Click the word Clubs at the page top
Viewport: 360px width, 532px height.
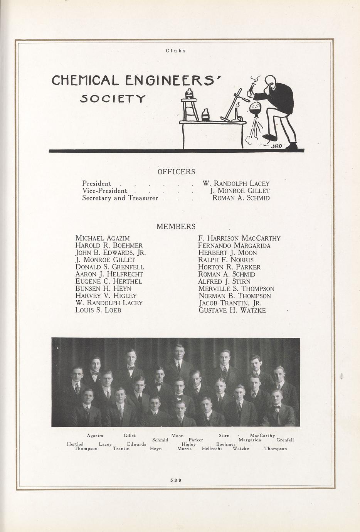(x=176, y=51)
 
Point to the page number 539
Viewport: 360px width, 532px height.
(x=176, y=480)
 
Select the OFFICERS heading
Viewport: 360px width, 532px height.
(x=176, y=172)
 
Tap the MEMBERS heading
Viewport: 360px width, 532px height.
(x=176, y=227)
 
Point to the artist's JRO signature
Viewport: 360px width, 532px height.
(x=277, y=146)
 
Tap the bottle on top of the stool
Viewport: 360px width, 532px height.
(x=190, y=93)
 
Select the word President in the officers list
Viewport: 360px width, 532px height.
(x=97, y=184)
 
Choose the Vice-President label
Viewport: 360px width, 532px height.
(x=104, y=191)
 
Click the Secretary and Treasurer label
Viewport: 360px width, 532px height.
(x=120, y=198)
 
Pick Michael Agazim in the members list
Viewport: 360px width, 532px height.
(x=103, y=238)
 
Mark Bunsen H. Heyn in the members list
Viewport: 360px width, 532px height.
(x=103, y=288)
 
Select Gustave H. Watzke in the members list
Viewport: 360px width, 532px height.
(x=232, y=310)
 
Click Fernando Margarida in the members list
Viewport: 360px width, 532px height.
(x=234, y=246)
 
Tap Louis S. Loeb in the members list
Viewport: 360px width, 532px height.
(x=98, y=310)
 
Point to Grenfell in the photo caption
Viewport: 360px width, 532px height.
(x=285, y=440)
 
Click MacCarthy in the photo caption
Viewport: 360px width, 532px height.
(x=262, y=436)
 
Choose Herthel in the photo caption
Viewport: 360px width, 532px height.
(x=75, y=444)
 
